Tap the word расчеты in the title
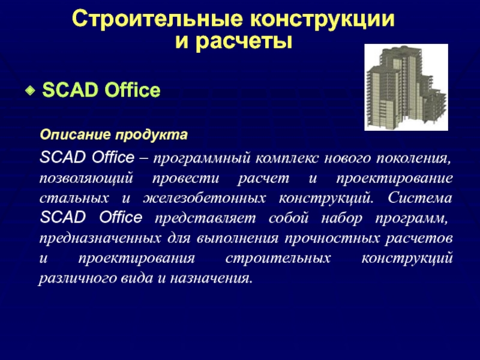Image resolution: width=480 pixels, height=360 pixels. (x=244, y=41)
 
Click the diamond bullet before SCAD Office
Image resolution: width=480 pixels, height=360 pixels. (x=30, y=91)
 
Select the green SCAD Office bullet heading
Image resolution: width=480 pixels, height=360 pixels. (x=101, y=90)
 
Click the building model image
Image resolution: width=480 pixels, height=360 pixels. (x=406, y=87)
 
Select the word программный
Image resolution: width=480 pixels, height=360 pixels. (x=202, y=159)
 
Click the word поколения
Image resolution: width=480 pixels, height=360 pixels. (x=413, y=158)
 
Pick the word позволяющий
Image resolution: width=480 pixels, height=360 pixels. (x=86, y=179)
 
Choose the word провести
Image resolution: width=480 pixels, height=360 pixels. (x=185, y=178)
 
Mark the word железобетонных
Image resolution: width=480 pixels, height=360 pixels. (x=204, y=199)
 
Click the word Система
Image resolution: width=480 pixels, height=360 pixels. (x=420, y=198)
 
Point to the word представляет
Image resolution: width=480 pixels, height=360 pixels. (x=205, y=218)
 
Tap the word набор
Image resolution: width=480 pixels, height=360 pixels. (x=341, y=218)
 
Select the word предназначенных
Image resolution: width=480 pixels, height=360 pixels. (x=100, y=238)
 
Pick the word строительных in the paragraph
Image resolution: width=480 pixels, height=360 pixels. (x=278, y=259)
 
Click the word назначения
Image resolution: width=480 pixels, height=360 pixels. (x=212, y=278)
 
